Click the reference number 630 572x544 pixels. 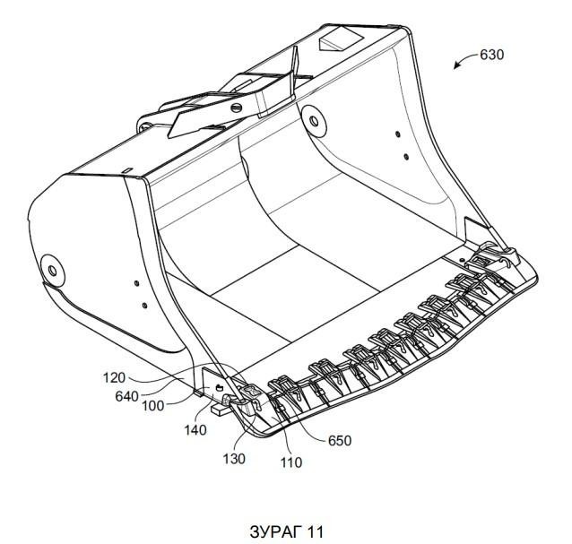coord(491,55)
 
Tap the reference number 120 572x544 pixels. coord(114,377)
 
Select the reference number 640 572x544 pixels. coord(126,396)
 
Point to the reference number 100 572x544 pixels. coord(152,405)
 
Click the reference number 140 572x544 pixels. coord(195,430)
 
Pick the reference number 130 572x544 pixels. coord(234,459)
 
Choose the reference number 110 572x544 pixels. coord(290,462)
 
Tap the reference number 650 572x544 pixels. coord(340,441)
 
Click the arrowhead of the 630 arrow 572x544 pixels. coord(456,66)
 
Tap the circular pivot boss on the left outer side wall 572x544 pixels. coord(53,271)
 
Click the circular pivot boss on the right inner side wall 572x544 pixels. coord(314,121)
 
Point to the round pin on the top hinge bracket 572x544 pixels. coord(237,108)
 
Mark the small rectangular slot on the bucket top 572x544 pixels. coord(127,170)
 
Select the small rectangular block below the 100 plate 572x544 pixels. coord(220,409)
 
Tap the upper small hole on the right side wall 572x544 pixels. coord(398,134)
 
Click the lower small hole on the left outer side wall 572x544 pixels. coord(144,306)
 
